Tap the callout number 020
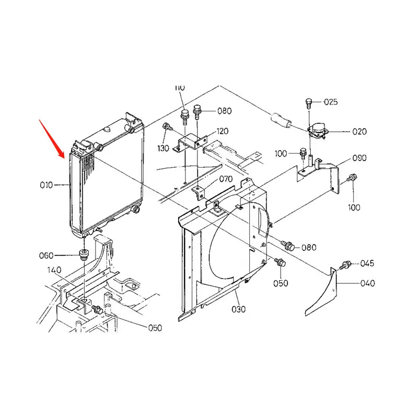[359, 132]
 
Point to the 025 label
[331, 101]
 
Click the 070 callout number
[226, 179]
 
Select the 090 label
[359, 158]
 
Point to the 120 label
[223, 131]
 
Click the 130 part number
[163, 148]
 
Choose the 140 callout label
[55, 270]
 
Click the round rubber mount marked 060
[83, 254]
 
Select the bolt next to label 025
[309, 102]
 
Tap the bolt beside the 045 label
[345, 264]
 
